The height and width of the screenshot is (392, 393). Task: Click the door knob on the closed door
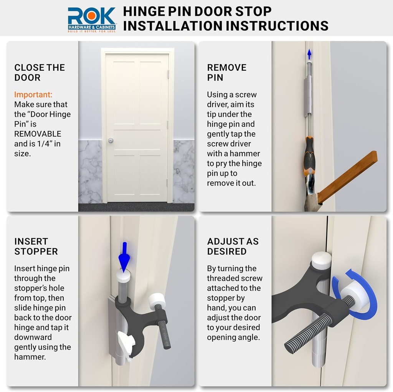click(x=111, y=141)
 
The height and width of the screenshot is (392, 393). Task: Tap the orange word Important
click(x=33, y=94)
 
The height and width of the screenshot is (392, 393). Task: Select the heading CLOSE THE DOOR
click(x=40, y=72)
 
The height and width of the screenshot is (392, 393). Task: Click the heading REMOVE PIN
click(x=226, y=72)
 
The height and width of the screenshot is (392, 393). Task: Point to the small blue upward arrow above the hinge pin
click(x=309, y=54)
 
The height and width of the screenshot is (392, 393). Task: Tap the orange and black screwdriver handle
click(x=309, y=157)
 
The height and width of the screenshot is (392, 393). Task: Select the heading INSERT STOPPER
click(x=36, y=246)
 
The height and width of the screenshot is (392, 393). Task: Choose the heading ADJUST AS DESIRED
click(x=233, y=246)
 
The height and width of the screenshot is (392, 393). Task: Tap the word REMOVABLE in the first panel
click(x=38, y=134)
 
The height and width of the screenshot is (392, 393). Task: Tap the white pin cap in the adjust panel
click(x=321, y=260)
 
